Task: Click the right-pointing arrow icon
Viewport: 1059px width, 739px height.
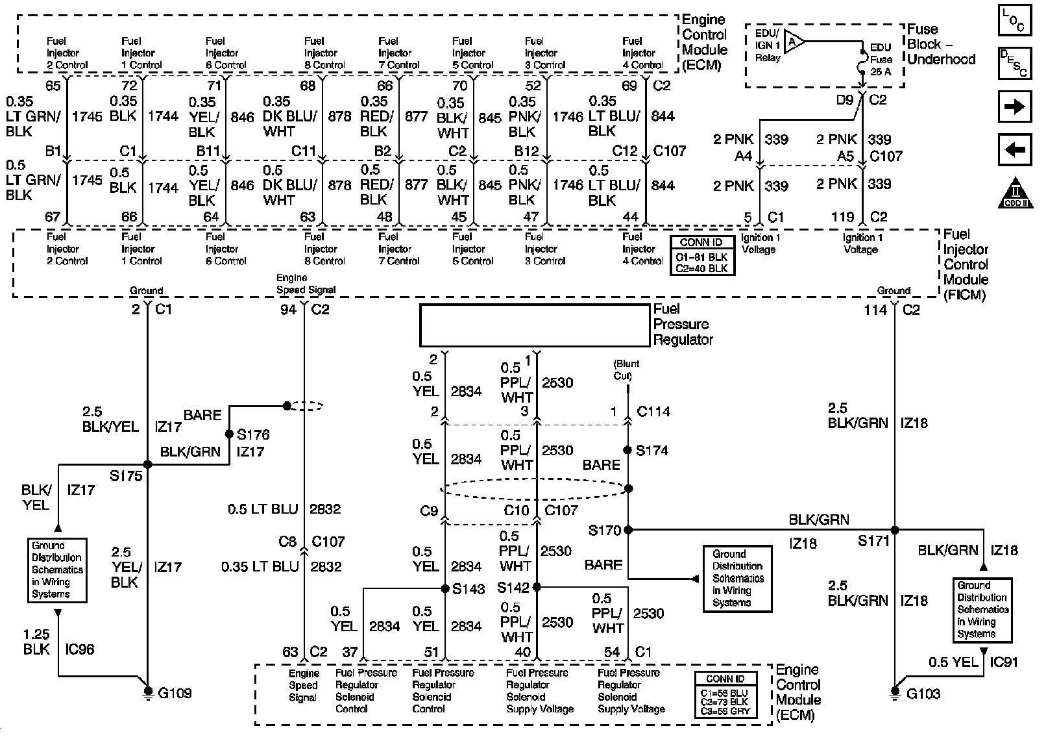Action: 1014,106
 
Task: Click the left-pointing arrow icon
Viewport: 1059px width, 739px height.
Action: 1014,151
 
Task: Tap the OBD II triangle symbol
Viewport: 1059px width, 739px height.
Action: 1016,193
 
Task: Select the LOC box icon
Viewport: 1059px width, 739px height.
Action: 1014,20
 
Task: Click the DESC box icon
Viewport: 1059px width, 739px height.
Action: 1014,64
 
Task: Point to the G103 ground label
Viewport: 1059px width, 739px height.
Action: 923,694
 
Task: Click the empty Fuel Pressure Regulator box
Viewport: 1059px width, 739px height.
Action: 534,325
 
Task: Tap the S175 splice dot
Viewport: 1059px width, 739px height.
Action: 147,464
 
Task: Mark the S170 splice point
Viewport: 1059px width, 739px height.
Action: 627,530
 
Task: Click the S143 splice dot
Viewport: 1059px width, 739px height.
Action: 445,588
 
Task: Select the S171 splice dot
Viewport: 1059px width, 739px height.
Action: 894,530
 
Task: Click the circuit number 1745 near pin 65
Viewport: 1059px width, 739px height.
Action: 87,116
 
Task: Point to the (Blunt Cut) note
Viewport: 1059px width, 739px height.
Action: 626,369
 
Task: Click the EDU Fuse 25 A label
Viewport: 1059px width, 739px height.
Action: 880,59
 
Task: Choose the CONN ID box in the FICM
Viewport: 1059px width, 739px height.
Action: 702,256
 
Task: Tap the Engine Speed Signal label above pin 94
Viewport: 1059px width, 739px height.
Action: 306,284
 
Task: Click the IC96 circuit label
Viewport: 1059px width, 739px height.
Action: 80,649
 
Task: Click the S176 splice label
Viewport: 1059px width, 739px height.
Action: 253,434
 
